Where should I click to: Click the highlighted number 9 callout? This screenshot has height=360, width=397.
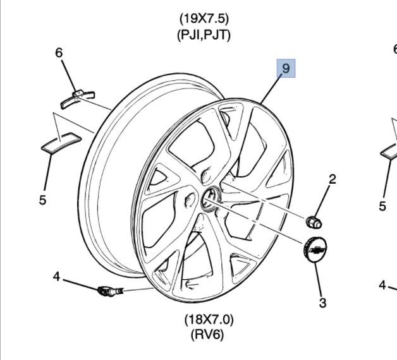pos(285,68)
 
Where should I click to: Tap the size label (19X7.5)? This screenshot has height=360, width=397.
pos(203,18)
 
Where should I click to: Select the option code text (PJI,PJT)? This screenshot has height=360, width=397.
pos(203,35)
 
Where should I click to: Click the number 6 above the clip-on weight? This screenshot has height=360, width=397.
pos(59,53)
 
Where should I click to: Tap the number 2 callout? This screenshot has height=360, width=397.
pos(332,179)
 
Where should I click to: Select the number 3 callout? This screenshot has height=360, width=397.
pos(322,303)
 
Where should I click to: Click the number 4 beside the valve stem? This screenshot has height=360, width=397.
pos(56,276)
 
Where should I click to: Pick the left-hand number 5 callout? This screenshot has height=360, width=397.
pos(42,200)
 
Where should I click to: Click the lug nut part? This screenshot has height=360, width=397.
pos(313,221)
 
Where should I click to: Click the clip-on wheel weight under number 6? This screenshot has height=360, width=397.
pos(77,97)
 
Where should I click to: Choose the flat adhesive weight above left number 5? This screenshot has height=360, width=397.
pos(61,141)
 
